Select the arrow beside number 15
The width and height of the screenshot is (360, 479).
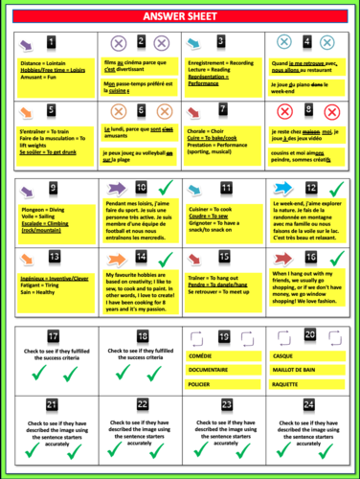pos(200,258)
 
